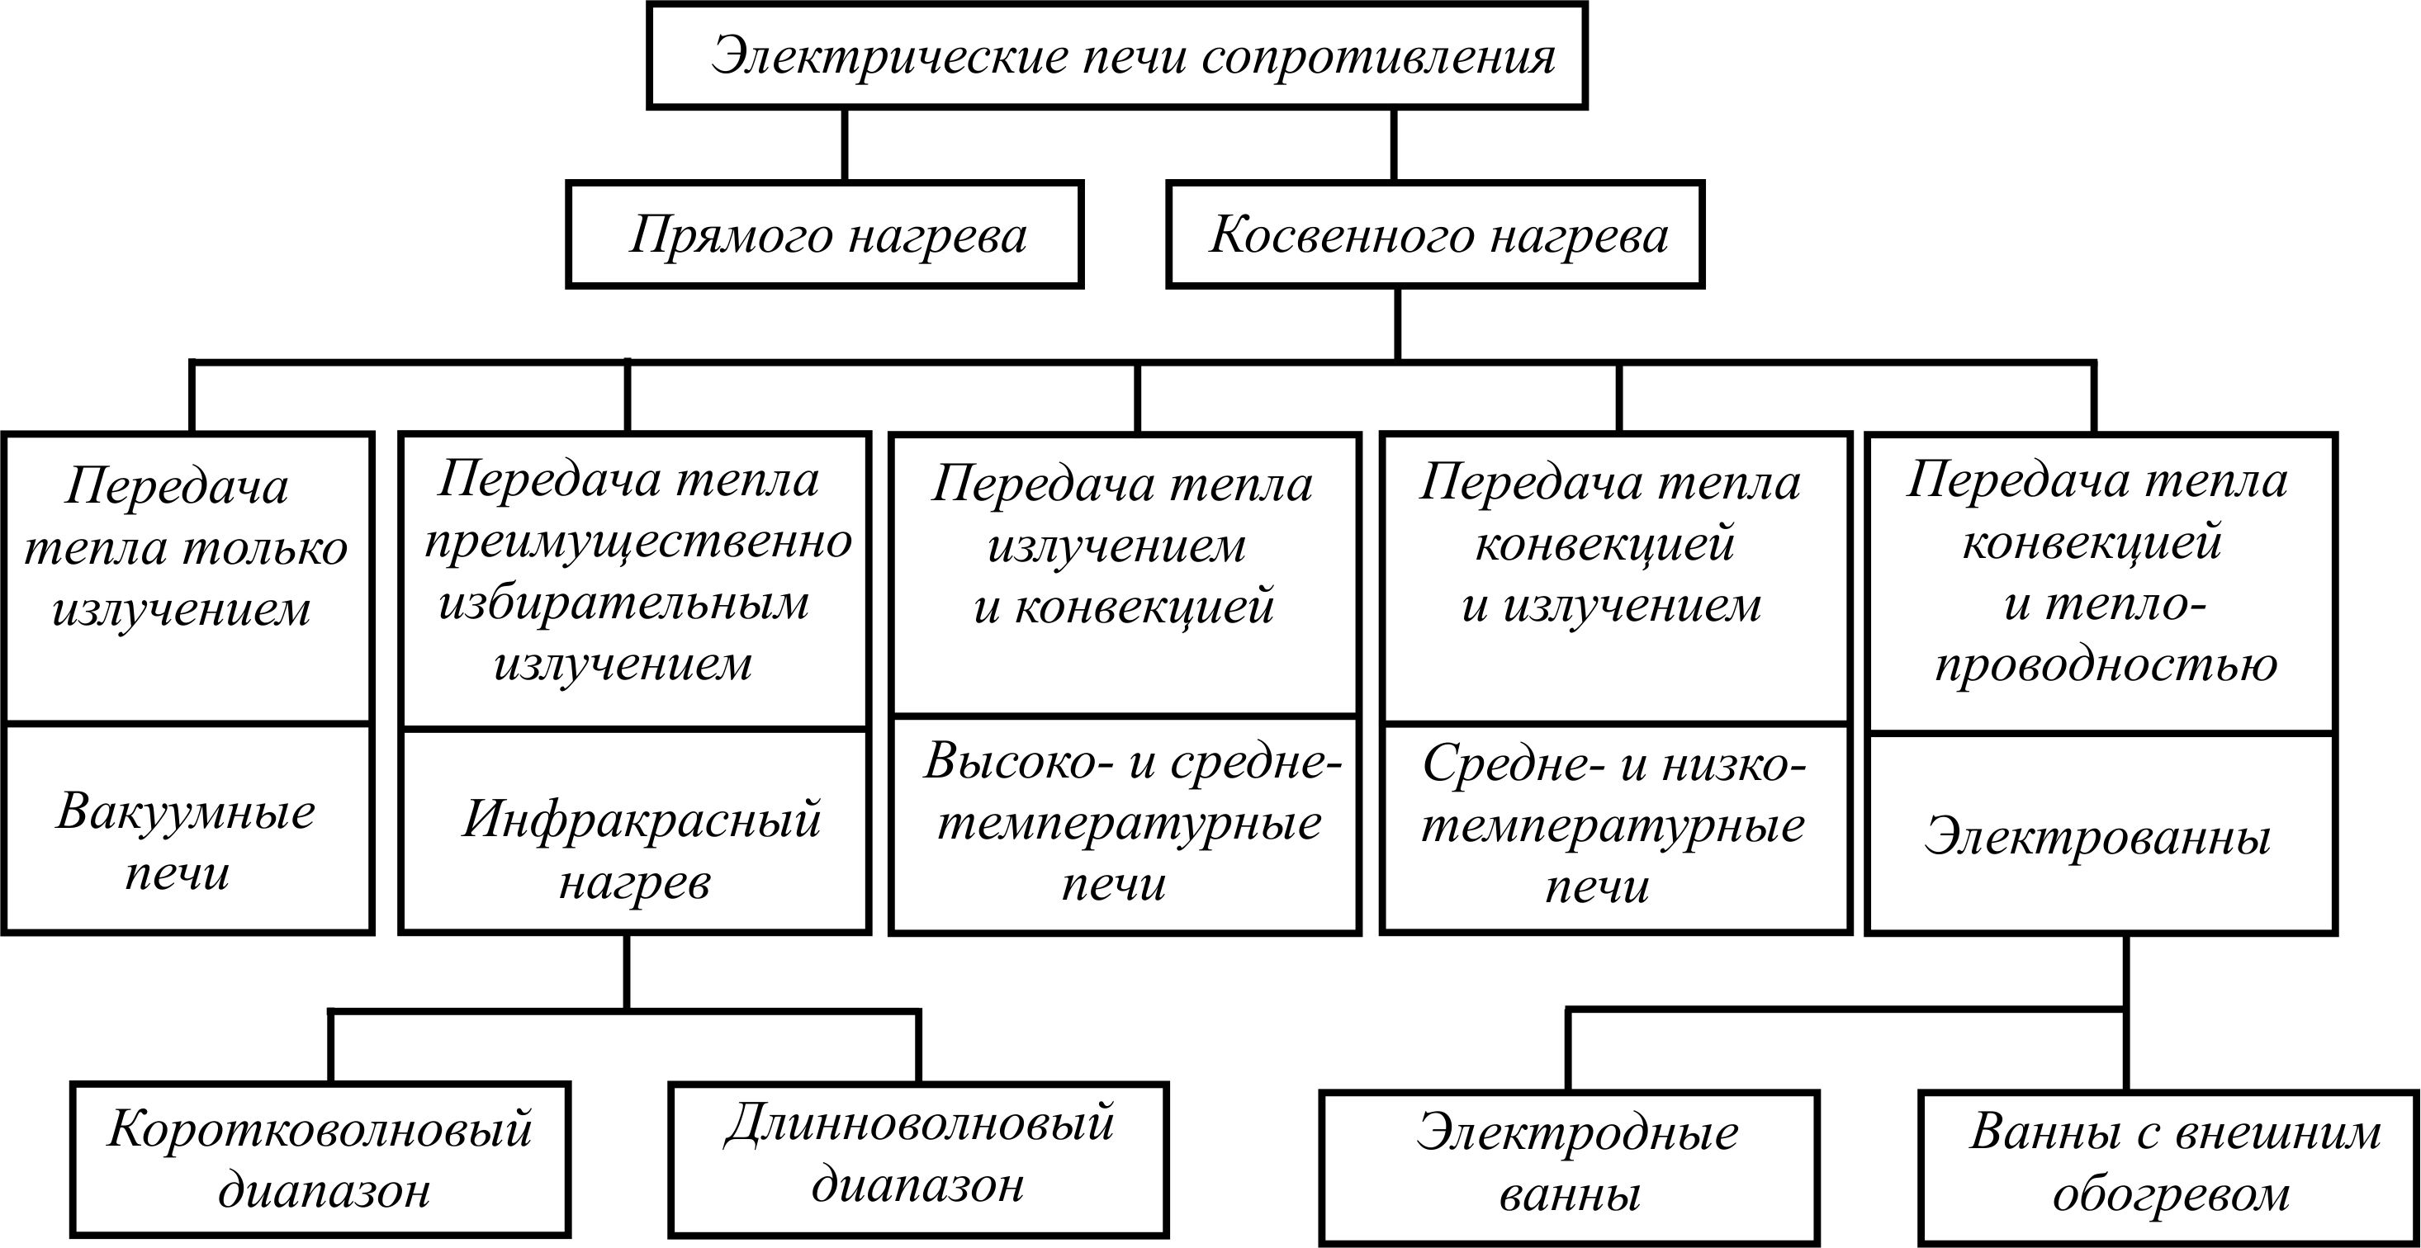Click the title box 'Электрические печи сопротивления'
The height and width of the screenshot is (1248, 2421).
point(1116,55)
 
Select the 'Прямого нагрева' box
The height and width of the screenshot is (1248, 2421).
point(824,234)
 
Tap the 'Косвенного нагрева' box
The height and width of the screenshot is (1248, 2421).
point(1435,234)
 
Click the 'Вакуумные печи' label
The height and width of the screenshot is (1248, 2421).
point(184,841)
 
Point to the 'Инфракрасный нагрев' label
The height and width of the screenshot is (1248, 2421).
point(640,849)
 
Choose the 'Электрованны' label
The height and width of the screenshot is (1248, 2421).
point(2097,836)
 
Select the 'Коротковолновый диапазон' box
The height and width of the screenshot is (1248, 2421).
point(320,1160)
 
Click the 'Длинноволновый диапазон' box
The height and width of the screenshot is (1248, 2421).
point(918,1160)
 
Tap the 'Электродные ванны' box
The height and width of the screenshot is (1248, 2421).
point(1570,1167)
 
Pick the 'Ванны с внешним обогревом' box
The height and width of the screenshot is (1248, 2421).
point(2169,1167)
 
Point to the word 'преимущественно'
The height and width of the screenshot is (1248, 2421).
point(638,543)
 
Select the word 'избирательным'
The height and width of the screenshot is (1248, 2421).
point(623,603)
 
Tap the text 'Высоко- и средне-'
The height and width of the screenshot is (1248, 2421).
point(1134,760)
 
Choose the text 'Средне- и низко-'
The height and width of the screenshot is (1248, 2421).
point(1613,763)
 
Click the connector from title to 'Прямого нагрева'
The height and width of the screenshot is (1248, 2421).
point(843,144)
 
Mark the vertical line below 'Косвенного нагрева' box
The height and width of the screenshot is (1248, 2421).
point(1398,324)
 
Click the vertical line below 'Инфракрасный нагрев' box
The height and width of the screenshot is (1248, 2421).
point(626,971)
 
